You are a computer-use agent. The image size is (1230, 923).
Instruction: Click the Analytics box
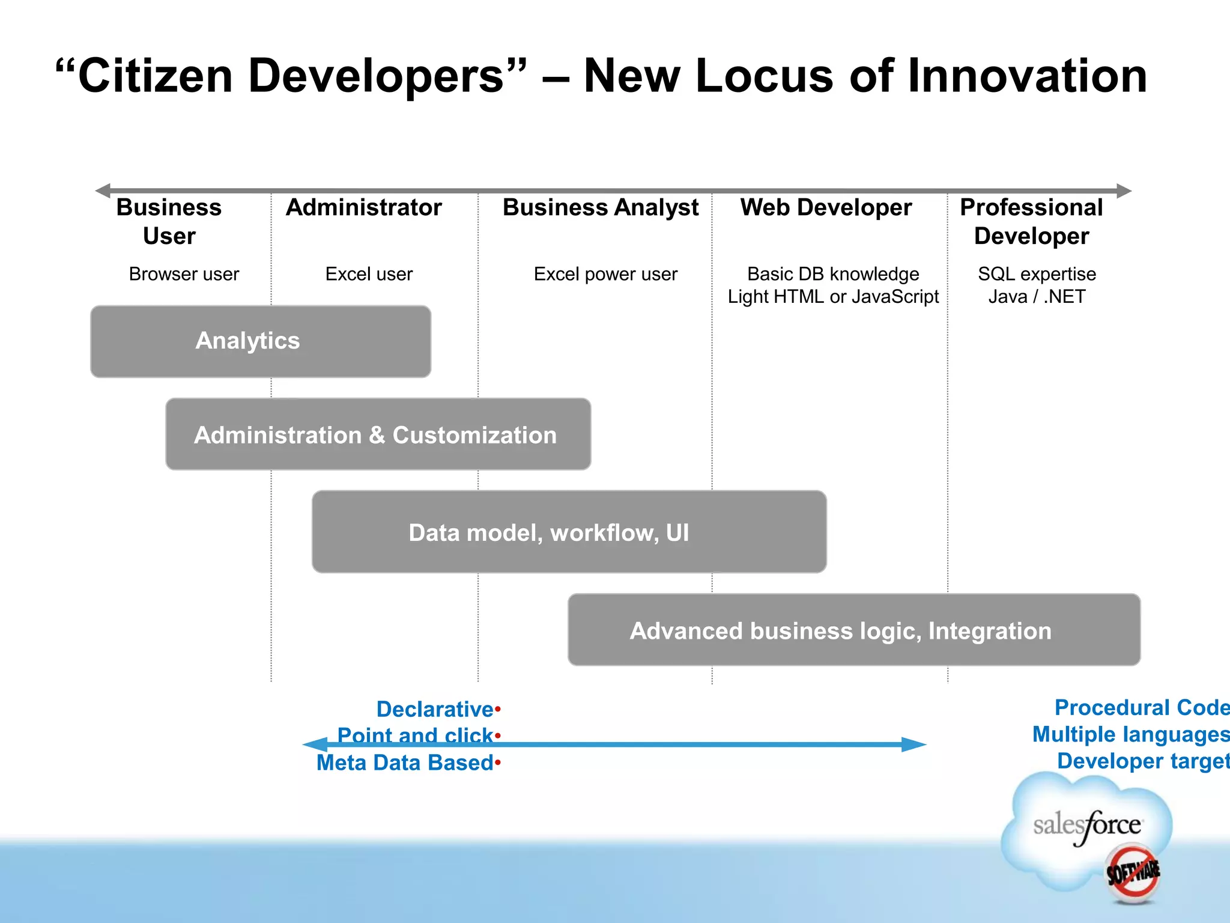[x=260, y=341]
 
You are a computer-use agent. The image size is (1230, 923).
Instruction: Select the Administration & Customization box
[x=378, y=434]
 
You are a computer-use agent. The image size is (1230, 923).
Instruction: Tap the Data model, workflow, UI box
[x=569, y=532]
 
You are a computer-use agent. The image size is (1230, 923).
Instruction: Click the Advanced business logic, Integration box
[x=853, y=630]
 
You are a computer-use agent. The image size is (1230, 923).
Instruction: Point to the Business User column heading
[x=169, y=221]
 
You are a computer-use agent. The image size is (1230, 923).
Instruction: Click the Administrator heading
[x=364, y=207]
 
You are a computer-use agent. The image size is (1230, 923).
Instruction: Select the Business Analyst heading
[x=600, y=207]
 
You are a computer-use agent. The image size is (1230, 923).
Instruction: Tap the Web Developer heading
[x=826, y=207]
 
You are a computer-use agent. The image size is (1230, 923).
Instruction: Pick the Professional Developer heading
[x=1031, y=221]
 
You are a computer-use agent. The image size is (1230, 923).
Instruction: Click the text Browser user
[x=184, y=274]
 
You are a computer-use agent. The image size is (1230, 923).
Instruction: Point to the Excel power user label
[x=605, y=274]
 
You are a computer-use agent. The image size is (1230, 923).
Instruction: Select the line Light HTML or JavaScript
[x=833, y=297]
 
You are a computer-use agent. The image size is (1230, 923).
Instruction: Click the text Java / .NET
[x=1037, y=297]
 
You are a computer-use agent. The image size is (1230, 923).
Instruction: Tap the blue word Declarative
[x=435, y=709]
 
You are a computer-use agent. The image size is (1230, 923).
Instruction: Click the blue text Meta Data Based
[x=405, y=763]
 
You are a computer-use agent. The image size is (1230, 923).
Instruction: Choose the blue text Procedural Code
[x=1141, y=707]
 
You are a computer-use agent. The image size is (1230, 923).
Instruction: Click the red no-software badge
[x=1133, y=873]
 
